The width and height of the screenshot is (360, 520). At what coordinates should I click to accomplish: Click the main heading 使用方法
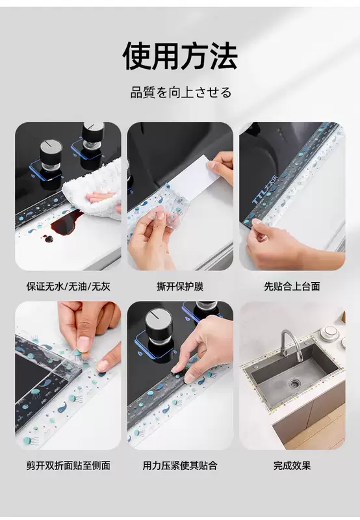point(180,56)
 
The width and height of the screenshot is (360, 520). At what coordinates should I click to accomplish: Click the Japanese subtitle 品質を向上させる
point(181,92)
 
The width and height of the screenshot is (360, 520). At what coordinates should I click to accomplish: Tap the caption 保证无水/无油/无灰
point(68,286)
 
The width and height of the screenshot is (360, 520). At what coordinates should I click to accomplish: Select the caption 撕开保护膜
point(180,286)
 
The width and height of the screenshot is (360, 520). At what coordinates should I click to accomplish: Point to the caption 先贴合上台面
point(292,286)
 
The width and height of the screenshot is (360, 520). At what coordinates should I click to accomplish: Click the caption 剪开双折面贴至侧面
point(68,465)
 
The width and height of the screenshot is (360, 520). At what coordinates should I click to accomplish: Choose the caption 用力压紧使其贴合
point(180,465)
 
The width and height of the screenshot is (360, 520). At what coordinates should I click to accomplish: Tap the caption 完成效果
point(292,465)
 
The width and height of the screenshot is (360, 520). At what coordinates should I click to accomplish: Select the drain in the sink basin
point(294,383)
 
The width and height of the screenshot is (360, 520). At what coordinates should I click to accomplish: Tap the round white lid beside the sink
point(331,331)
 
